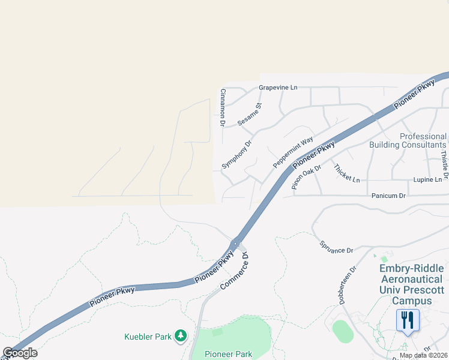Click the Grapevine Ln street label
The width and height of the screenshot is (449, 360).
tap(278, 88)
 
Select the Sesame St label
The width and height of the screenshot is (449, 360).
tap(250, 114)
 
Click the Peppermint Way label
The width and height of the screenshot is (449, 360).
tap(293, 153)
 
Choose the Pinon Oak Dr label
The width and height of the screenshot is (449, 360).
tap(304, 176)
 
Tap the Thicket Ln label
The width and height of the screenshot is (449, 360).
tap(347, 173)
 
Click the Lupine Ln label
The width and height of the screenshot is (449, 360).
tap(427, 179)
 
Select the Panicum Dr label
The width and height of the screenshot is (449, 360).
tap(389, 196)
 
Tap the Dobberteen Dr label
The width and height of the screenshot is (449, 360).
tap(348, 286)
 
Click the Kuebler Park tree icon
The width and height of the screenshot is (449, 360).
tap(181, 337)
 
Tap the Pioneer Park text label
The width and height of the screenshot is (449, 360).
tap(228, 355)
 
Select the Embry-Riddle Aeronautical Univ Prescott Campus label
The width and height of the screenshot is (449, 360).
tap(411, 284)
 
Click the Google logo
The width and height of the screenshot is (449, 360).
tap(20, 353)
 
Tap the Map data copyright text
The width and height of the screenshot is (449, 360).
tap(424, 355)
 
